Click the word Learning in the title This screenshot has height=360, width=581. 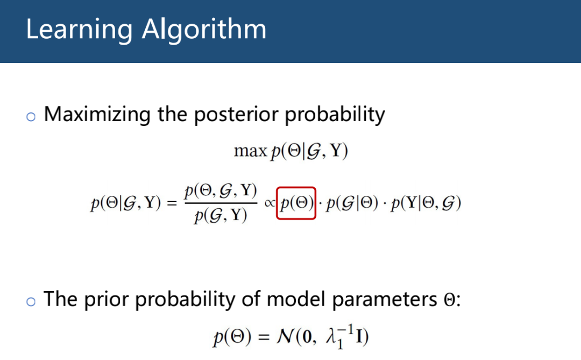point(79,30)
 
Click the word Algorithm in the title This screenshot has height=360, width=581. point(204,30)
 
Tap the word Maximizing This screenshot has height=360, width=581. point(97,115)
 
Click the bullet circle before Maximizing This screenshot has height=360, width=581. point(31,117)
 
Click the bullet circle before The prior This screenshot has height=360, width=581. point(31,301)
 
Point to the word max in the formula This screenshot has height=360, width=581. point(251,151)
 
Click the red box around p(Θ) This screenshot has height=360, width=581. point(296,188)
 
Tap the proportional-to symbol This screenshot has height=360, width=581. point(270,203)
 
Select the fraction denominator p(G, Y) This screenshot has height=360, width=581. point(221,215)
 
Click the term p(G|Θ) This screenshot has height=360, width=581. point(352,203)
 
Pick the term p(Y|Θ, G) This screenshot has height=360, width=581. point(426,203)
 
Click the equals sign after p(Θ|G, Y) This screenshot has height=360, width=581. point(172,203)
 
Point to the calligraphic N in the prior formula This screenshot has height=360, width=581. point(285,337)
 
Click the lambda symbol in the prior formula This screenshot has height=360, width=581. point(330,337)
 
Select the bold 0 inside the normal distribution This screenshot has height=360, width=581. point(307,337)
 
